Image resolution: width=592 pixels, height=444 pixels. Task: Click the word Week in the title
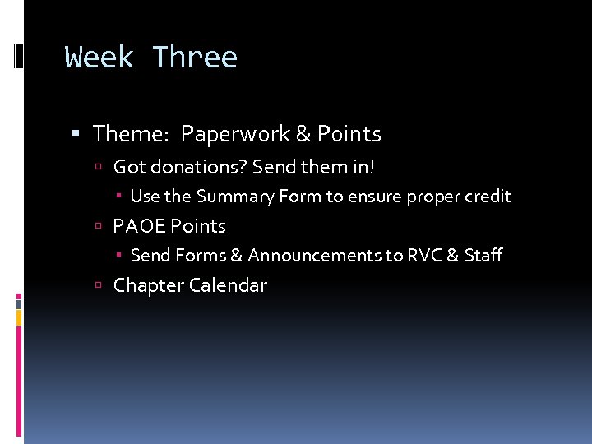pos(99,58)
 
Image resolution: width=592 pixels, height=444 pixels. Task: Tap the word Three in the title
pos(195,58)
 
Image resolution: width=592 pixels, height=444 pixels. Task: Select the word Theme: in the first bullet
pos(132,134)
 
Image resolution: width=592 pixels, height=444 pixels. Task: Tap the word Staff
pos(483,256)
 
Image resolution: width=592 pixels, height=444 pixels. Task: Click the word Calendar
pos(228,285)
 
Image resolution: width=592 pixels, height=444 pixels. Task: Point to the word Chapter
pos(149,285)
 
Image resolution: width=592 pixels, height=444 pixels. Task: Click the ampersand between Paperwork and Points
pos(303,134)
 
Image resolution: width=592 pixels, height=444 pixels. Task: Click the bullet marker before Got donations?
pos(98,168)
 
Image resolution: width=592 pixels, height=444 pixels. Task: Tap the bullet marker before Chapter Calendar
pos(98,286)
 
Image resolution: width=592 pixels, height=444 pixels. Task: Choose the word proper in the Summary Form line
pos(432,197)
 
